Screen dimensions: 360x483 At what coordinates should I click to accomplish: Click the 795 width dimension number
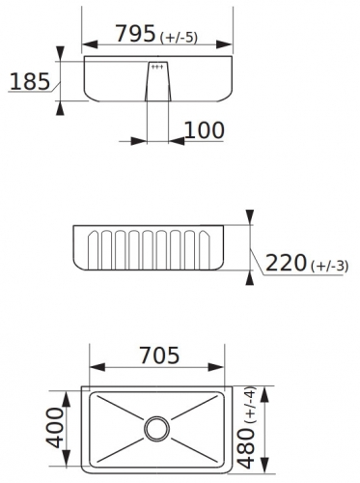(x=135, y=33)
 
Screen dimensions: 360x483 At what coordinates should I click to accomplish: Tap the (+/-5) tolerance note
(x=179, y=38)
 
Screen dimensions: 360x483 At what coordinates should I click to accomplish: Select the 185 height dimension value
(x=30, y=81)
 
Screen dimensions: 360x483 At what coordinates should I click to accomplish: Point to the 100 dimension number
(x=204, y=130)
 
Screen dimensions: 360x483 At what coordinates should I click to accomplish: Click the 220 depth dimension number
(x=286, y=263)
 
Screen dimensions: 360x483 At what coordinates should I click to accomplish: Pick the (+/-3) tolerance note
(x=330, y=267)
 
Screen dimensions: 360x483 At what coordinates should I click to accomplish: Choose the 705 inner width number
(x=159, y=355)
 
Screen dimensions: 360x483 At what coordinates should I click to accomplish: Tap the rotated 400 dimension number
(x=55, y=428)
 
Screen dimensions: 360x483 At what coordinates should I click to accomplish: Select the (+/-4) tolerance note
(x=250, y=405)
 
